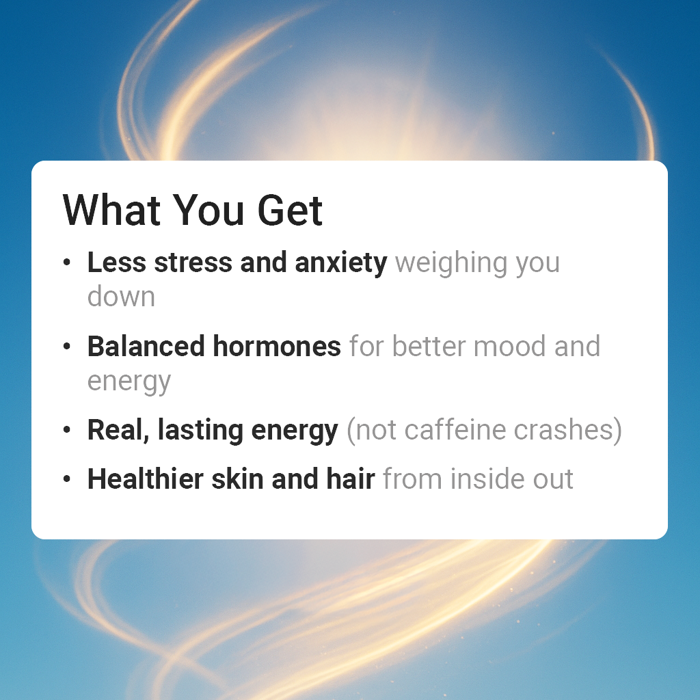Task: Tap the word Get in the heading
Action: point(290,210)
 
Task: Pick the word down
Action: point(121,297)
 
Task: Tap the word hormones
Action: point(277,347)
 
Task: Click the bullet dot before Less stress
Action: point(66,263)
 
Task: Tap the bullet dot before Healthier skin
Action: point(66,480)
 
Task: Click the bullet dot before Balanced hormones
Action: point(66,347)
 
